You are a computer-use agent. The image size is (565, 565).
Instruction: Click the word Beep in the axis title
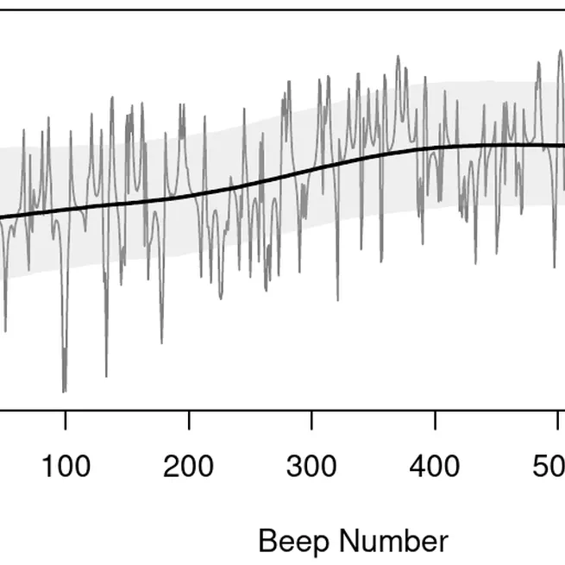pyautogui.click(x=291, y=543)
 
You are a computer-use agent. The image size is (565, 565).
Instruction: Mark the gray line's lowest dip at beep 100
pyautogui.click(x=64, y=391)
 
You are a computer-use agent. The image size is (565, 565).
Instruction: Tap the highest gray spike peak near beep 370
pyautogui.click(x=398, y=58)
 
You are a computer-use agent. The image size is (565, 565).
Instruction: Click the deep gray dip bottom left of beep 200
pyautogui.click(x=161, y=342)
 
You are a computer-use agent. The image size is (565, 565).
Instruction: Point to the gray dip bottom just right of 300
pyautogui.click(x=337, y=299)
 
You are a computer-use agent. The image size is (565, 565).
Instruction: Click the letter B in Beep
pyautogui.click(x=267, y=542)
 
